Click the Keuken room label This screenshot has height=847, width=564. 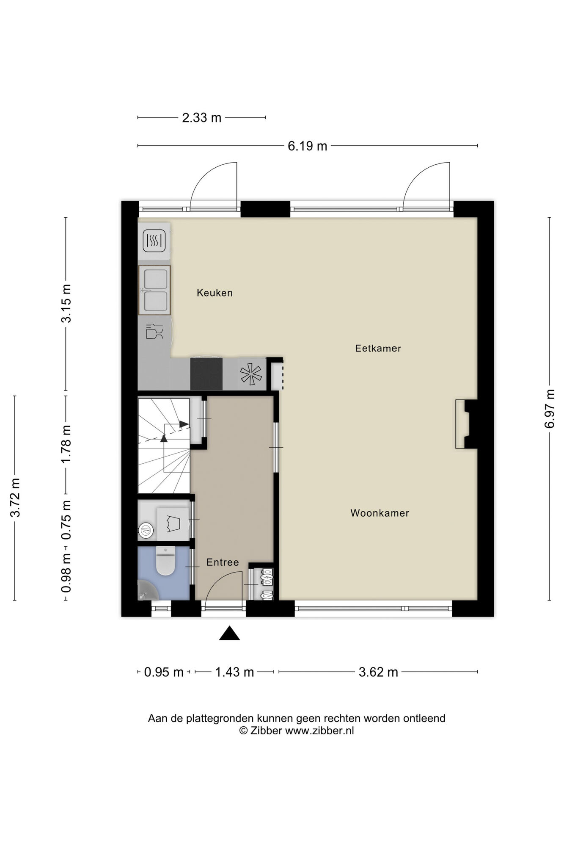215,293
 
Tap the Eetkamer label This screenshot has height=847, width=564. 378,348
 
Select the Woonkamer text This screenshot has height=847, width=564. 380,513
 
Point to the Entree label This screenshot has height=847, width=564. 223,562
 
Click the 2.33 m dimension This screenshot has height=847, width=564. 201,117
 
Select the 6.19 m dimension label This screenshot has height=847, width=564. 308,146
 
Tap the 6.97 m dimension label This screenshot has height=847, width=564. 550,409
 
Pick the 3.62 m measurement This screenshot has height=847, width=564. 378,672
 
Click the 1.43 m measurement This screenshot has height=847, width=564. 234,672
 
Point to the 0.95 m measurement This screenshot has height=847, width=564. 164,672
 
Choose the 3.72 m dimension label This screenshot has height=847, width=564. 15,498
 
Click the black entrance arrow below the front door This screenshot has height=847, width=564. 229,633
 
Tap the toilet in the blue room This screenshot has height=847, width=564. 165,561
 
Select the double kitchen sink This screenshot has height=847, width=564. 154,290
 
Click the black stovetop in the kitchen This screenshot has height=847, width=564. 206,374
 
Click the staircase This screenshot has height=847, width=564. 164,446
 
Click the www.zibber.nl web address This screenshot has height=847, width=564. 319,731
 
